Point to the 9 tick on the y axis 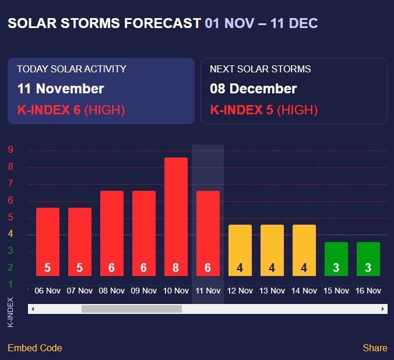tap(10, 150)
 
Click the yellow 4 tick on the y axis tap(10, 235)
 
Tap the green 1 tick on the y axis tap(10, 285)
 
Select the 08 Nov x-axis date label tap(112, 291)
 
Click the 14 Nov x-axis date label tap(304, 291)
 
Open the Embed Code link tap(34, 348)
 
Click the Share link tap(375, 348)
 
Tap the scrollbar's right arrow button tap(383, 309)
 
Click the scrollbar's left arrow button tap(33, 309)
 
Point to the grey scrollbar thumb tap(131, 309)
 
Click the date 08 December tap(254, 89)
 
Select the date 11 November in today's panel tap(61, 89)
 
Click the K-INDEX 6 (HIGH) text tap(71, 110)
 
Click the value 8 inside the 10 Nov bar tap(176, 268)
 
